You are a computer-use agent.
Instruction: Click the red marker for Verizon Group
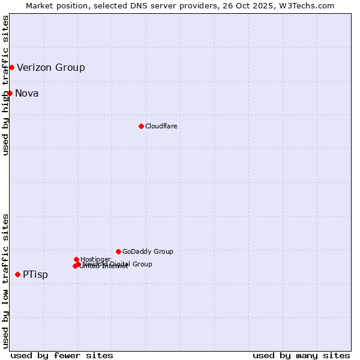click(11, 67)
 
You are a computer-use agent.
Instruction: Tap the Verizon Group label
click(51, 67)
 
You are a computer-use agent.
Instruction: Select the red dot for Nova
click(10, 93)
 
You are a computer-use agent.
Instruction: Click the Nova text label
click(27, 93)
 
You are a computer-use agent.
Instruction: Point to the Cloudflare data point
click(141, 126)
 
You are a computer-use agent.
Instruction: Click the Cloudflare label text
click(161, 126)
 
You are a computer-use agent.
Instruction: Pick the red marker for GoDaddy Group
click(118, 251)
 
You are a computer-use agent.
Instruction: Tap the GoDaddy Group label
click(148, 251)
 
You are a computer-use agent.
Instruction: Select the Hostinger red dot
click(76, 259)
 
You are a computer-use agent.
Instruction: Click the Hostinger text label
click(95, 259)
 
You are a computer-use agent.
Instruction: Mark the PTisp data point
click(17, 274)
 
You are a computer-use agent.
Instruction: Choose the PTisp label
click(35, 274)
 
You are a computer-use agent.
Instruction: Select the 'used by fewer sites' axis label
click(62, 355)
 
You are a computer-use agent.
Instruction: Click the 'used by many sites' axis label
click(301, 355)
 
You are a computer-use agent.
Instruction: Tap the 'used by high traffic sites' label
click(5, 86)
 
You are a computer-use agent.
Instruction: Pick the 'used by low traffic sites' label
click(5, 281)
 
